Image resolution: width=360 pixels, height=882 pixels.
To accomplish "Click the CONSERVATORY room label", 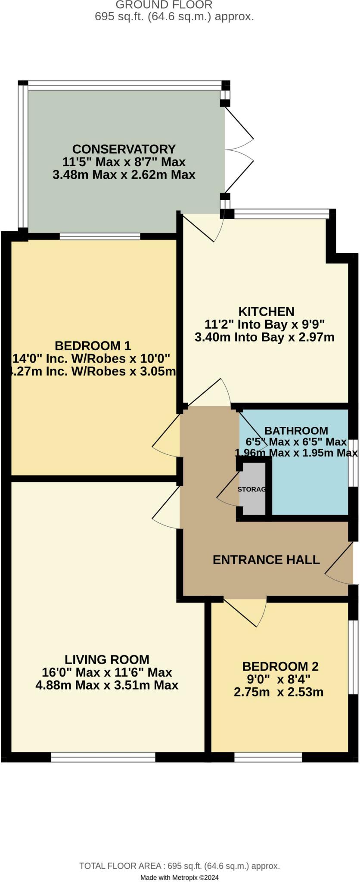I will (124, 149).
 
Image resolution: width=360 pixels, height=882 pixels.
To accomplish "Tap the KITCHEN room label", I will (266, 311).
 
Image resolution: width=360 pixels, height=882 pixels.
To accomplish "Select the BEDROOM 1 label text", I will (93, 345).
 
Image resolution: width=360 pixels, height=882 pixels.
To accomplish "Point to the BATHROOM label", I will (296, 431).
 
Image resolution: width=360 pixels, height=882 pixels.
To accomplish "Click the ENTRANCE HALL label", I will (266, 559).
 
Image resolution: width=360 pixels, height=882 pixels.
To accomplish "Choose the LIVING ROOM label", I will (107, 659).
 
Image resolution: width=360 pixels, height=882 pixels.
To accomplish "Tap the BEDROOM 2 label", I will (280, 666).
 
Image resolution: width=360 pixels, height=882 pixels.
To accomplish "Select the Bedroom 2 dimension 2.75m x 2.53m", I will (278, 692).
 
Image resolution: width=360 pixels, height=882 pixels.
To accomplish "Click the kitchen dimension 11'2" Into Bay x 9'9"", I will (264, 324).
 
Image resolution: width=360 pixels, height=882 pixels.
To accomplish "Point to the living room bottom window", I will (103, 757).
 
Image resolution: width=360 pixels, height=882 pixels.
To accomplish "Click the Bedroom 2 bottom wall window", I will (268, 757).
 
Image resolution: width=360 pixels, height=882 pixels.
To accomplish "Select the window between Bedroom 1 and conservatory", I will (100, 236).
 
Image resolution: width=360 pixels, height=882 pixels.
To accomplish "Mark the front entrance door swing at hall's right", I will (340, 564).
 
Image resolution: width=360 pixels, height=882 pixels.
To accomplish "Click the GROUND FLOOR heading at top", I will (164, 5).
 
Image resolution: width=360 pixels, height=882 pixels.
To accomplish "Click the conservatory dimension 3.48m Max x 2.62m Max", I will (124, 175).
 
